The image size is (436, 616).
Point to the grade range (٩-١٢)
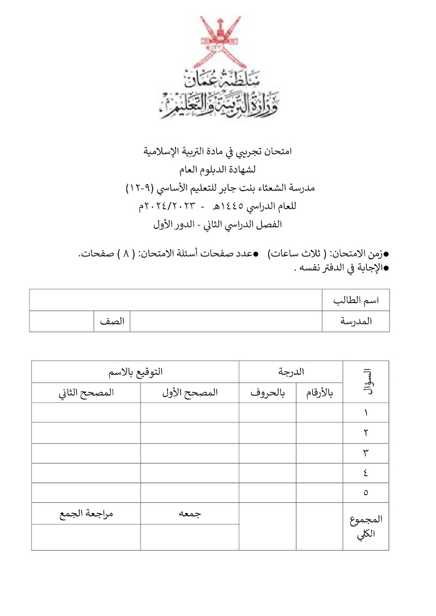click(x=142, y=188)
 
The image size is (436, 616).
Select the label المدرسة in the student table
click(x=356, y=321)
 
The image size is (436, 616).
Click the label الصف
click(x=112, y=321)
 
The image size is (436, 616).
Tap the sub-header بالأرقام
click(x=320, y=393)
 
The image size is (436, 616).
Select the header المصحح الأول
click(x=190, y=393)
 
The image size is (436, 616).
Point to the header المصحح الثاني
click(x=86, y=393)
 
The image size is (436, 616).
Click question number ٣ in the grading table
click(x=366, y=453)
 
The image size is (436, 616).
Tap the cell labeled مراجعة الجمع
click(x=86, y=513)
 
